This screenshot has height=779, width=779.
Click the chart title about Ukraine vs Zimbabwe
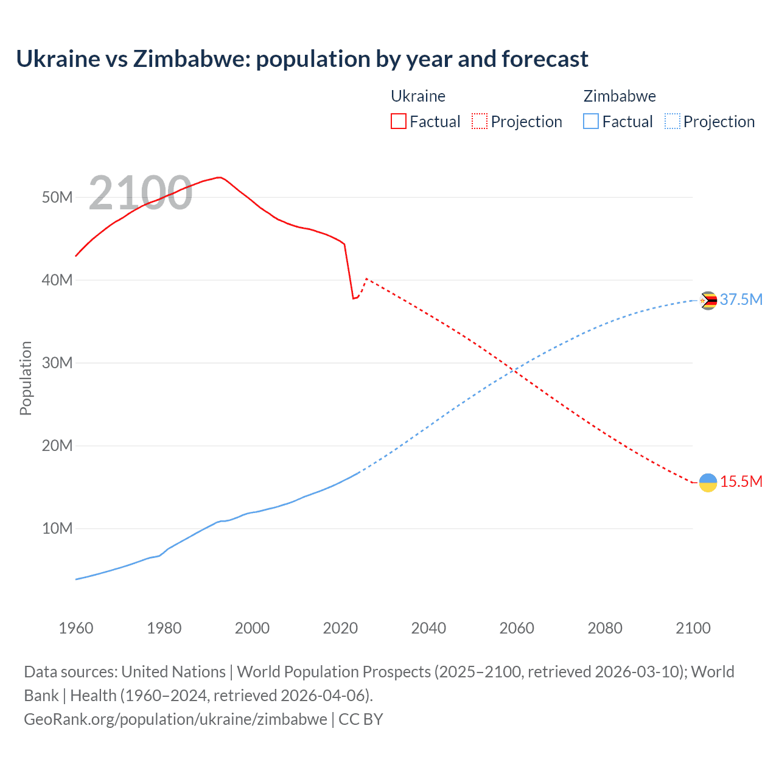coord(302,59)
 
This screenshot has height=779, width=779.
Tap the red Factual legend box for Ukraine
coord(399,121)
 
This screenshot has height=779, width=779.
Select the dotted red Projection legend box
coord(480,121)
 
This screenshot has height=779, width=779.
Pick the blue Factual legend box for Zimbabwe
coord(591,121)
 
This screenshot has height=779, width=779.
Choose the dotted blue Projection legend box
coord(672,121)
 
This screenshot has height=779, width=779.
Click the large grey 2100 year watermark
coord(141,193)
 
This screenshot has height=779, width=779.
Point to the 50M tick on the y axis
coord(57,197)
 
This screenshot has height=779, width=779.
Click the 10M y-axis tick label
coord(57,528)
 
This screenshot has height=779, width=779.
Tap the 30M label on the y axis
coord(57,363)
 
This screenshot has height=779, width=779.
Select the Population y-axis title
coord(26,378)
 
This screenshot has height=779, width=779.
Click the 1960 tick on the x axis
coord(76,628)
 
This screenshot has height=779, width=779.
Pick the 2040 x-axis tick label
coord(428,628)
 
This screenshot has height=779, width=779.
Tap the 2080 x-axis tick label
coord(605,628)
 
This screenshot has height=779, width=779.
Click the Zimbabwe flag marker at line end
coord(708,301)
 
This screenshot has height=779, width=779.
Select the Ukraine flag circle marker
coord(708,483)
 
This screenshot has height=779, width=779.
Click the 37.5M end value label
coord(741,299)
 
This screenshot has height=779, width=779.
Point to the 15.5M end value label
coord(741,481)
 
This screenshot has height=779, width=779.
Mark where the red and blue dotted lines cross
coord(515,369)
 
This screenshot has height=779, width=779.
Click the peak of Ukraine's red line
coord(219,177)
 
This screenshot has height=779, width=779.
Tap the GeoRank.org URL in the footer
coord(175,719)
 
